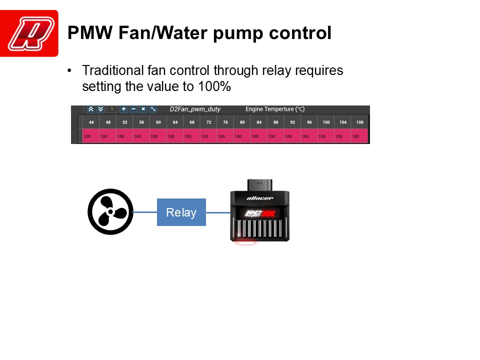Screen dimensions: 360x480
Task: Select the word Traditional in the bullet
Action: [x=112, y=70]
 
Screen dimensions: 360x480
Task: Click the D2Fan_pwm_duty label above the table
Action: [x=195, y=109]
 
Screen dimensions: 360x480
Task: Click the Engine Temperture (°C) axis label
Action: [x=275, y=109]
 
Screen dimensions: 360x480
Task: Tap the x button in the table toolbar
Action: [x=143, y=109]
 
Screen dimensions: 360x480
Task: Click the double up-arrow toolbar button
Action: [x=90, y=109]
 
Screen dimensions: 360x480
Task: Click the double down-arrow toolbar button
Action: [x=100, y=109]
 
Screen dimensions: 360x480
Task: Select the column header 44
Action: [x=91, y=122]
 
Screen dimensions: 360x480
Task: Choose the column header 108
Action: [x=359, y=122]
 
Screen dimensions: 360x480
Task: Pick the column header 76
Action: [x=225, y=122]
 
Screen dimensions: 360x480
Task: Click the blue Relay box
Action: [x=181, y=212]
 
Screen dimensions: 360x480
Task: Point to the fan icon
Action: [x=110, y=212]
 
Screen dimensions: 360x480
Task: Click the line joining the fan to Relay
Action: [x=145, y=212]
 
